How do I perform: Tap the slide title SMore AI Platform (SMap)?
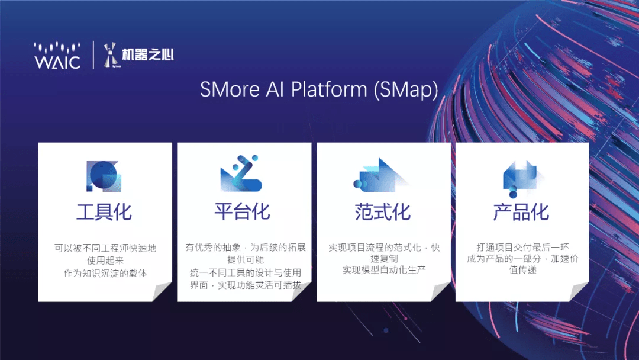tap(319, 89)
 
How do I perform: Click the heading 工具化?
tap(104, 212)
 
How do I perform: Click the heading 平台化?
tap(243, 212)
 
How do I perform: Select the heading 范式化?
tap(383, 212)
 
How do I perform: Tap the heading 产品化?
tap(521, 212)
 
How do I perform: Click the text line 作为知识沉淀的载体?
tap(105, 273)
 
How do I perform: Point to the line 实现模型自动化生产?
tap(384, 269)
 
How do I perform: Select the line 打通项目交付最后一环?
tap(523, 247)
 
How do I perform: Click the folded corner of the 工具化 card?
tap(162, 292)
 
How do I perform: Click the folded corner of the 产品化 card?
tap(579, 292)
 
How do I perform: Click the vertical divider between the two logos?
tap(93, 55)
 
